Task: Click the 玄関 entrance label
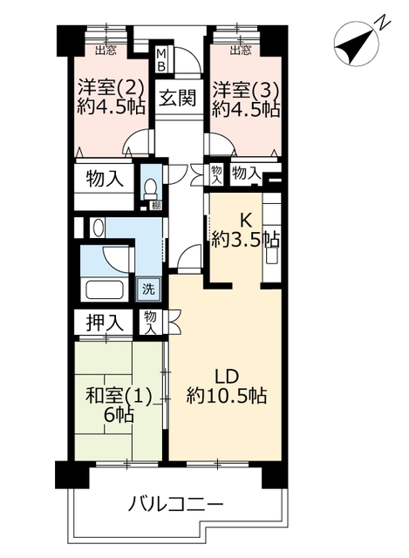pyautogui.click(x=177, y=97)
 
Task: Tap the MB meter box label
pyautogui.click(x=161, y=60)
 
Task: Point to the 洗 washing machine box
pyautogui.click(x=149, y=289)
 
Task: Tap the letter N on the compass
pyautogui.click(x=382, y=23)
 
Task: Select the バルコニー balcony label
pyautogui.click(x=175, y=504)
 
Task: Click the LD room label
pyautogui.click(x=227, y=376)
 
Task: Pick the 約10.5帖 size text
pyautogui.click(x=227, y=395)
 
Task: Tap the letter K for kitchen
pyautogui.click(x=246, y=221)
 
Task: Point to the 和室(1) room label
pyautogui.click(x=119, y=396)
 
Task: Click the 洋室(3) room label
pyautogui.click(x=245, y=89)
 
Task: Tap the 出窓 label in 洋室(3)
pyautogui.click(x=240, y=51)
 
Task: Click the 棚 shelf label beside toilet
pyautogui.click(x=155, y=204)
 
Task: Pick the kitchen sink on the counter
pyautogui.click(x=272, y=256)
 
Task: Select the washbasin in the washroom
pyautogui.click(x=97, y=228)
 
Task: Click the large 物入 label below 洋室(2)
pyautogui.click(x=105, y=179)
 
